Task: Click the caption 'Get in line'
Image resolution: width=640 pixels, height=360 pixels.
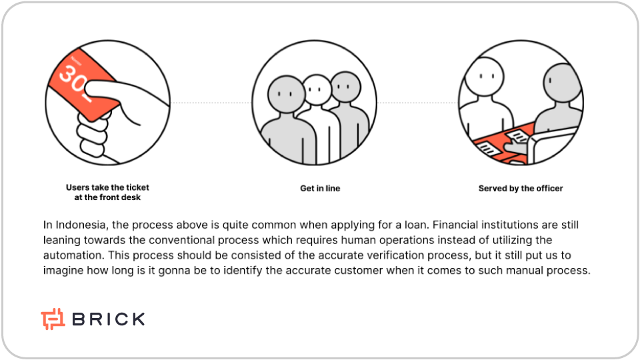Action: pyautogui.click(x=320, y=188)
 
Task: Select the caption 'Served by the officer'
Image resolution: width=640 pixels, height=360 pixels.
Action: pyautogui.click(x=521, y=188)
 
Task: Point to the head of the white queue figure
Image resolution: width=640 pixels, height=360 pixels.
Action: pyautogui.click(x=317, y=89)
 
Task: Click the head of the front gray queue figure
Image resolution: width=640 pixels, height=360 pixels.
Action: pyautogui.click(x=287, y=94)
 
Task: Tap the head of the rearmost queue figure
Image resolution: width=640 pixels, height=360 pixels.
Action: pyautogui.click(x=346, y=87)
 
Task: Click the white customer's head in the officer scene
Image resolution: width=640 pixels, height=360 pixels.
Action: pyautogui.click(x=485, y=76)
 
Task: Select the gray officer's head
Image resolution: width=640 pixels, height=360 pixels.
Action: pyautogui.click(x=562, y=83)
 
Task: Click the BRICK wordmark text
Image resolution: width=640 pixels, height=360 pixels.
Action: pyautogui.click(x=109, y=319)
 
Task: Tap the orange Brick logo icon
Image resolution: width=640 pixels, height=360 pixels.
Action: pyautogui.click(x=53, y=319)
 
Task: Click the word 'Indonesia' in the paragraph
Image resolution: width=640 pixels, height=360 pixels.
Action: pyautogui.click(x=81, y=225)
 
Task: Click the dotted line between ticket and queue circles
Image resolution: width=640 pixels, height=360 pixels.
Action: pyautogui.click(x=211, y=103)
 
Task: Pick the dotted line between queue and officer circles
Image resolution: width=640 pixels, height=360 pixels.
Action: pyautogui.click(x=417, y=103)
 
